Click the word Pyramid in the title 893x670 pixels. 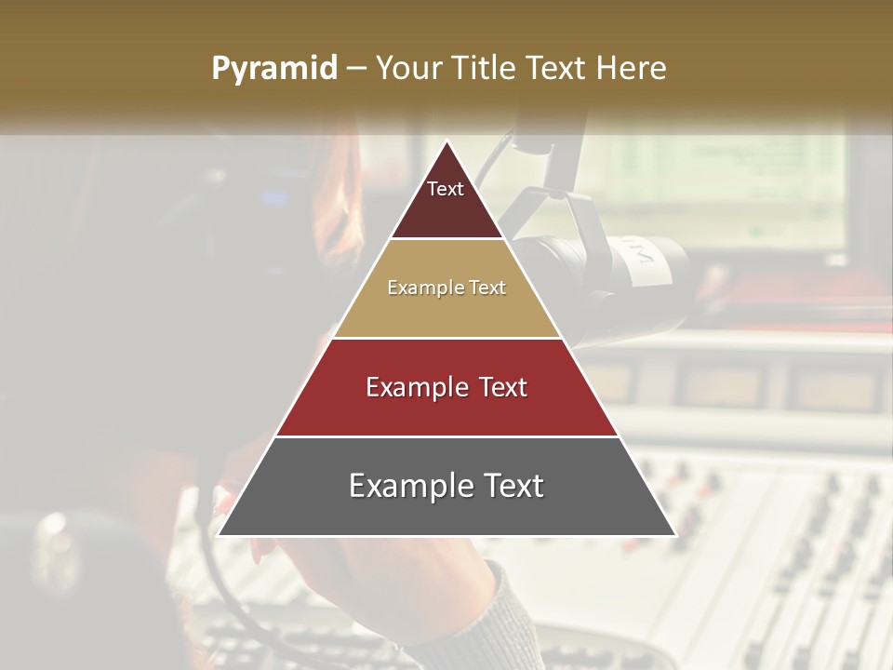[274, 69]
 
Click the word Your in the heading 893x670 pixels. [408, 68]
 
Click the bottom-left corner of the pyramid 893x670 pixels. [220, 534]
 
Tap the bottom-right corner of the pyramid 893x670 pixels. [673, 534]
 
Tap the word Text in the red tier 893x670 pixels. [494, 387]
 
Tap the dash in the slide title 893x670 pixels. [356, 68]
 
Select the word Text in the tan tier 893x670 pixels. [486, 288]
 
